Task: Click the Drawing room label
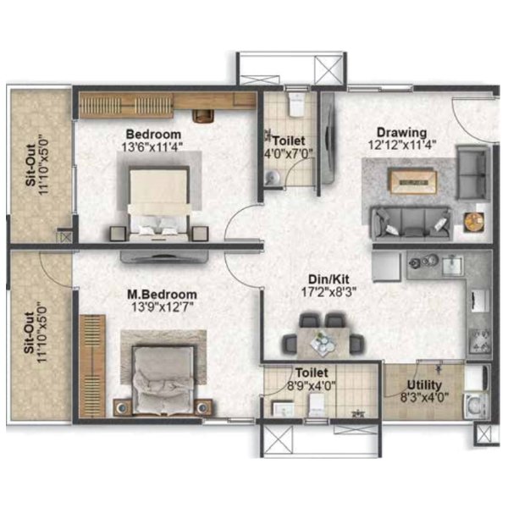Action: click(401, 133)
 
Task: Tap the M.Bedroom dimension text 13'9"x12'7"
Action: click(163, 306)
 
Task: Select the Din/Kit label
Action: click(329, 279)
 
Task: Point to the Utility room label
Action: click(424, 385)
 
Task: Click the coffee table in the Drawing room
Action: click(412, 181)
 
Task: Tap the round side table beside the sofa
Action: click(474, 222)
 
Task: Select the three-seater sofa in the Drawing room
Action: click(411, 224)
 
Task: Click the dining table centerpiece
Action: click(323, 343)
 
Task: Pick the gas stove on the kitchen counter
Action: click(480, 341)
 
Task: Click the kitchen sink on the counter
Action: click(453, 265)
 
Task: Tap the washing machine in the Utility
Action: click(476, 406)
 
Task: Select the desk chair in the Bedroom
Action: click(203, 116)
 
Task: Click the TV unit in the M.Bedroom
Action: click(163, 257)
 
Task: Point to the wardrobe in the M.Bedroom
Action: click(92, 365)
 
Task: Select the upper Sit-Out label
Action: click(30, 165)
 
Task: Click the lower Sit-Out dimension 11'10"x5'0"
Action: click(43, 333)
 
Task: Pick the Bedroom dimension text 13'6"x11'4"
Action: click(152, 146)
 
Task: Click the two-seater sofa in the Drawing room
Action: click(473, 173)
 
